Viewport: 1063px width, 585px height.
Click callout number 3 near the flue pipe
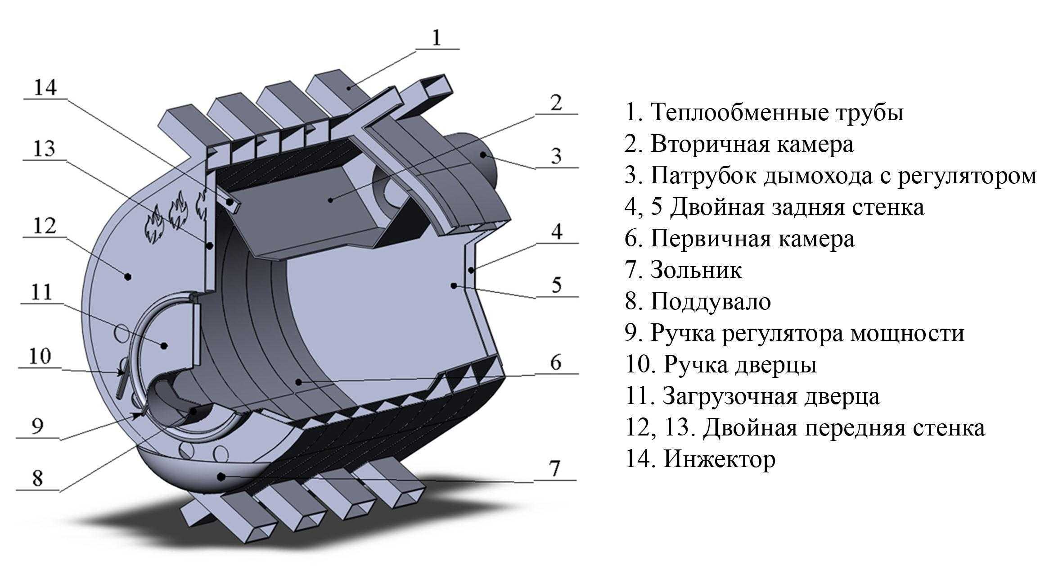point(556,156)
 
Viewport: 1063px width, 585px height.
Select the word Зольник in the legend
point(696,270)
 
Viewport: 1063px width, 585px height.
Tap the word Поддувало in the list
point(710,302)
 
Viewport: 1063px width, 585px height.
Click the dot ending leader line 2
point(331,199)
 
